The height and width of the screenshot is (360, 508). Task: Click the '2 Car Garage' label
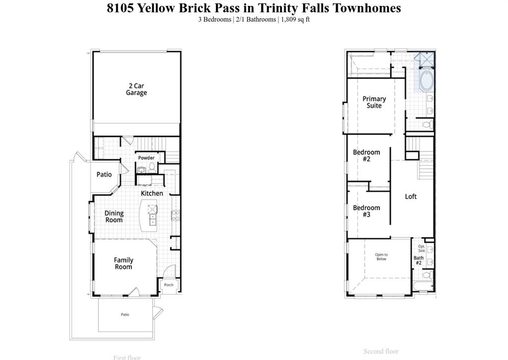(x=136, y=89)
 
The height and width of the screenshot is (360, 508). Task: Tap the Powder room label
(x=146, y=158)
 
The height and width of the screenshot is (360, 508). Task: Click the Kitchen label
(x=152, y=193)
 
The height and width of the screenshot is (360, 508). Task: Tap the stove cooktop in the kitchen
(x=175, y=216)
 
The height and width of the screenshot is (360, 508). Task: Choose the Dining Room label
(x=114, y=216)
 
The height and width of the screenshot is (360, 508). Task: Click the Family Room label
(x=124, y=263)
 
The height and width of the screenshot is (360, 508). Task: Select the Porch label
(x=169, y=285)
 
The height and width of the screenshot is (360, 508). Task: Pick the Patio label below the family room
(x=125, y=314)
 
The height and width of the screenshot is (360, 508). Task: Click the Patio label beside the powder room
(x=104, y=175)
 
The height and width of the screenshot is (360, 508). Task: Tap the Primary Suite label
(x=374, y=102)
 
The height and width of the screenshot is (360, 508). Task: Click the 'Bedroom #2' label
(x=367, y=155)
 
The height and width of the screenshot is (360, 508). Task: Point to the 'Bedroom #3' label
(x=367, y=211)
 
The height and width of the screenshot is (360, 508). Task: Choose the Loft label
(x=411, y=197)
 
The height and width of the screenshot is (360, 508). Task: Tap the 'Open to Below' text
(x=381, y=257)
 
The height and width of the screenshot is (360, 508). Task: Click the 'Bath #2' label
(x=418, y=260)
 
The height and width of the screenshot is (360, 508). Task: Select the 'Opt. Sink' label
(x=421, y=248)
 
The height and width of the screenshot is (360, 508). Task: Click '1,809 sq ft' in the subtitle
(x=295, y=20)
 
